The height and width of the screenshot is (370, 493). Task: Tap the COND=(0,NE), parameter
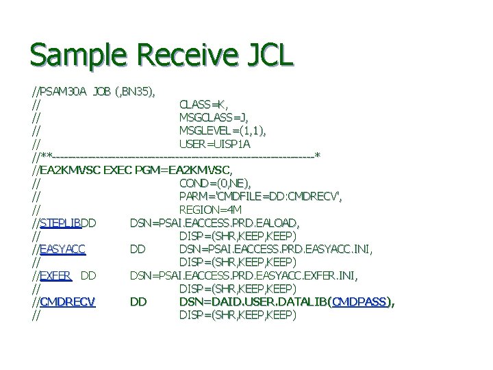215,184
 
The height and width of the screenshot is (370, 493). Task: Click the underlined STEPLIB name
60,223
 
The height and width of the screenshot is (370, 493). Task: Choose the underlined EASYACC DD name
62,249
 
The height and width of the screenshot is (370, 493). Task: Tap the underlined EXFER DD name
55,275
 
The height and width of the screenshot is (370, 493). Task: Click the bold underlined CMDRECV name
67,301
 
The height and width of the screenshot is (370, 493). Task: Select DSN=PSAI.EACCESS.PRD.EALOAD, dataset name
215,223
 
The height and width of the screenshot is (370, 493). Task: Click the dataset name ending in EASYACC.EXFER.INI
244,275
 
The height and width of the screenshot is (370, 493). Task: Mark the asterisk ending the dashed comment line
318,157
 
